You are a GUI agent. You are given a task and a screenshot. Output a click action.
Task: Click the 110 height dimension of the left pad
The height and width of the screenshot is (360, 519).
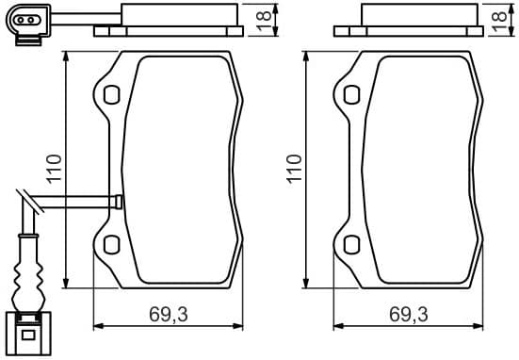tap(55, 169)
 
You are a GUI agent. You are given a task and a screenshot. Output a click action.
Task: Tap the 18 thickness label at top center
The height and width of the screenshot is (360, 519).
tap(266, 16)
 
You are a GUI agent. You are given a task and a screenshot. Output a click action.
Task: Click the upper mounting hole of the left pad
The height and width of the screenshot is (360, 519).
tap(111, 94)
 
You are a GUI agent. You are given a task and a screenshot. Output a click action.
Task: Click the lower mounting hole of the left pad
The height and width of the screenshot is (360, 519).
tap(111, 246)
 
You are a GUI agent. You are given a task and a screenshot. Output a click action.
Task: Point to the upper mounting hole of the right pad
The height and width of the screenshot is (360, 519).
tap(350, 94)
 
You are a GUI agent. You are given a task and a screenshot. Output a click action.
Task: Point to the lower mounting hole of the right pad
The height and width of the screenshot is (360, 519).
tap(350, 246)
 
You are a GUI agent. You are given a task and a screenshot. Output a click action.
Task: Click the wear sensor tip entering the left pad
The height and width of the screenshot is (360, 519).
tap(118, 201)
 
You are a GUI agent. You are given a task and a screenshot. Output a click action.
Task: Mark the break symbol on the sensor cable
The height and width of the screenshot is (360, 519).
tap(28, 200)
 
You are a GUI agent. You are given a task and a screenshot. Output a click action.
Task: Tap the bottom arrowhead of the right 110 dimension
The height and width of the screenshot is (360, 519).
tap(305, 286)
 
